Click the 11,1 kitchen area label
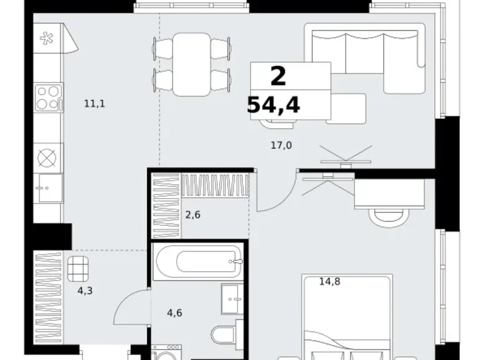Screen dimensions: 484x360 coord(94,104)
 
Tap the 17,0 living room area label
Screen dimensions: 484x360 coord(281,145)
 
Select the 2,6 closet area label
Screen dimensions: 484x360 coord(192,214)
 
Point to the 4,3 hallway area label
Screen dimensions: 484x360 coord(85,290)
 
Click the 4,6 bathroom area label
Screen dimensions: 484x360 coord(174,313)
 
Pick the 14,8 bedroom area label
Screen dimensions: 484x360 coord(329,282)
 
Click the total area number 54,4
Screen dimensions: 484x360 coord(274,105)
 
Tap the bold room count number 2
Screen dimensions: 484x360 coord(278,76)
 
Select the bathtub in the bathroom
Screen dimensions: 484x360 coord(198,261)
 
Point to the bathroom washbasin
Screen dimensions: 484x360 coord(232,299)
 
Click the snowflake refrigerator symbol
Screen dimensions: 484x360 coord(47,38)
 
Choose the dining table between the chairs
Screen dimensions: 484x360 coord(192,65)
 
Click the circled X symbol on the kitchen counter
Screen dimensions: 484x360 coord(47,158)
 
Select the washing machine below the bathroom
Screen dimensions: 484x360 coord(166,353)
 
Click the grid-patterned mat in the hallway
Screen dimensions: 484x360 coord(78,269)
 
